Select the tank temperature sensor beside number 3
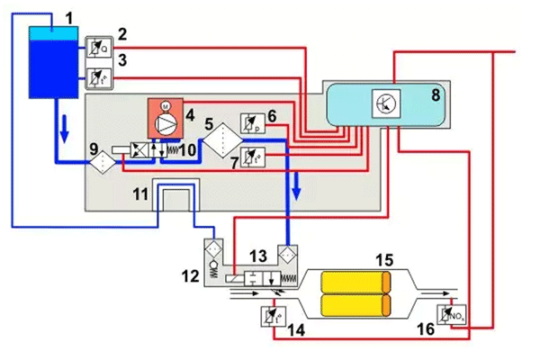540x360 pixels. tap(97, 76)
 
